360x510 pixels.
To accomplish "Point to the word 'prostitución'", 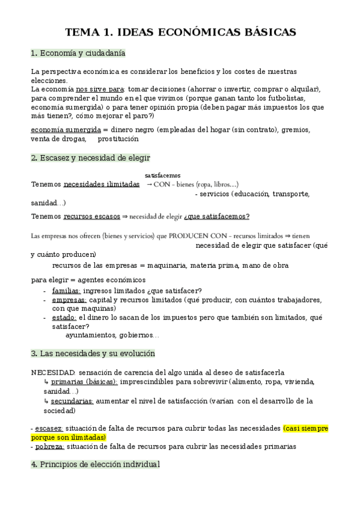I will pyautogui.click(x=118, y=138).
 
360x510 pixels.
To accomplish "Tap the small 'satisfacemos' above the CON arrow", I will pyautogui.click(x=162, y=175).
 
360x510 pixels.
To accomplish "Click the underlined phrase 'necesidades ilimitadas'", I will pyautogui.click(x=101, y=184).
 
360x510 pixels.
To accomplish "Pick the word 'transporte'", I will pyautogui.click(x=291, y=194).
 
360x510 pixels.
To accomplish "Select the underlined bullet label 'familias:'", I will pyautogui.click(x=66, y=290).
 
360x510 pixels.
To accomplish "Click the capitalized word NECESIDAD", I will pyautogui.click(x=53, y=372).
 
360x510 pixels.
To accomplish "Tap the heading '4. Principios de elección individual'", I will pyautogui.click(x=95, y=464).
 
